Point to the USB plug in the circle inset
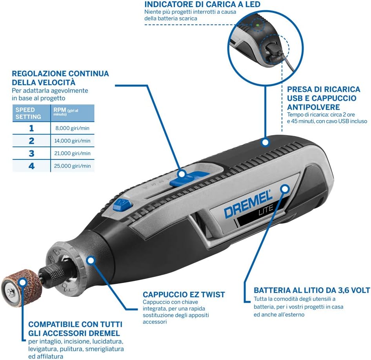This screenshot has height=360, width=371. (x=271, y=51)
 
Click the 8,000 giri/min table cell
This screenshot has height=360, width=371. (x=73, y=128)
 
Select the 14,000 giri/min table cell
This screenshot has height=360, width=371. (x=73, y=141)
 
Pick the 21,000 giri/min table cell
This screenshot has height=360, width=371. (x=73, y=153)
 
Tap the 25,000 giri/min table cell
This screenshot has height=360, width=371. (x=73, y=166)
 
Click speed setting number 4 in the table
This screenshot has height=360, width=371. (x=31, y=166)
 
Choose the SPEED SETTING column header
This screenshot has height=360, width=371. (x=29, y=113)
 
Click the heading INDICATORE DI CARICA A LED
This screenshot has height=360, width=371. (x=202, y=4)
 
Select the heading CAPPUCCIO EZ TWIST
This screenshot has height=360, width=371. (x=184, y=294)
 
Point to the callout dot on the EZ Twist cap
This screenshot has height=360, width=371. (x=91, y=259)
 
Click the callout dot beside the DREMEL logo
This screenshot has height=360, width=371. (x=285, y=189)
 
